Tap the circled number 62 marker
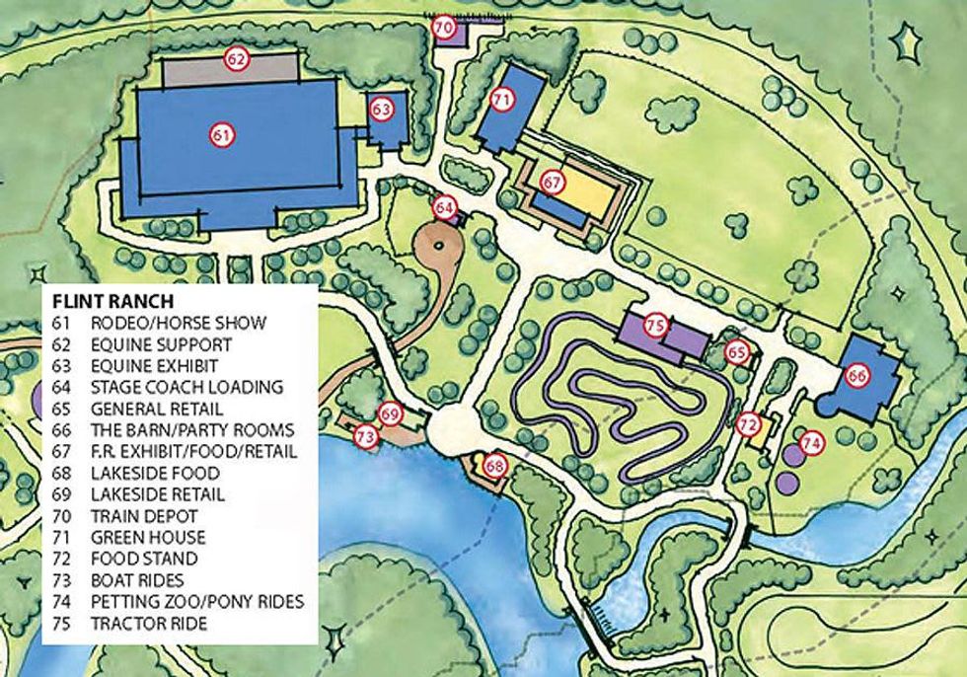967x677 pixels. (235, 59)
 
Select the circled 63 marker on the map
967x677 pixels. (382, 109)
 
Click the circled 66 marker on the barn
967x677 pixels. (856, 375)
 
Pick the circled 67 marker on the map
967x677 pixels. (551, 183)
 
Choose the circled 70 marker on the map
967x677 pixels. (443, 27)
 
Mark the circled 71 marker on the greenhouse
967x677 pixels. (502, 99)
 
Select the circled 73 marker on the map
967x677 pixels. (366, 435)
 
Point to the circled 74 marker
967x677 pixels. (811, 443)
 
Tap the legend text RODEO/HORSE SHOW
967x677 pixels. (179, 323)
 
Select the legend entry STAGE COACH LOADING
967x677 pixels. (186, 387)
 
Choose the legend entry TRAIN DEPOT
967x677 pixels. (144, 515)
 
